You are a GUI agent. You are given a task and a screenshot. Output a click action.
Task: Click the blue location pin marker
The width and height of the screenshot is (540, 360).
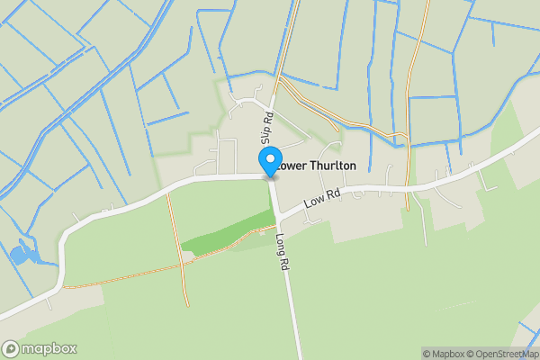269,162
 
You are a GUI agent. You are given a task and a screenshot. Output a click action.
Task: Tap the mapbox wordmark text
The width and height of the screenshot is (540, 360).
49,349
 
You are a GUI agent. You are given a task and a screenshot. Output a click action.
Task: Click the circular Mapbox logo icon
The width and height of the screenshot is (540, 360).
11,349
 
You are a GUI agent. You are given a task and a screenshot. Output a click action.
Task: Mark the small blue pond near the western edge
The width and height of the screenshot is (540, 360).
19,255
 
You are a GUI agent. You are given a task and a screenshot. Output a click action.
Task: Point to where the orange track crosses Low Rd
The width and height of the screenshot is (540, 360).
408,188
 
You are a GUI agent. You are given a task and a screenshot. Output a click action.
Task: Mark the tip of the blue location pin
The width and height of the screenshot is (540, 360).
269,176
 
